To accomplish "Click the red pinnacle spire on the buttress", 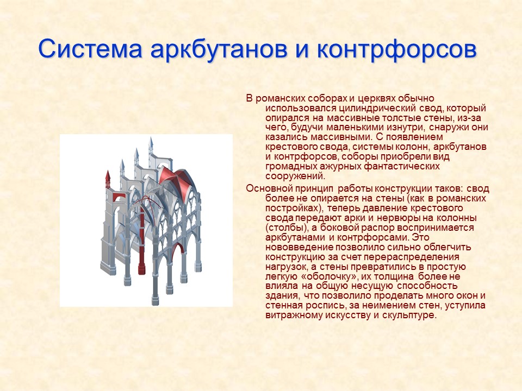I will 107,178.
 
